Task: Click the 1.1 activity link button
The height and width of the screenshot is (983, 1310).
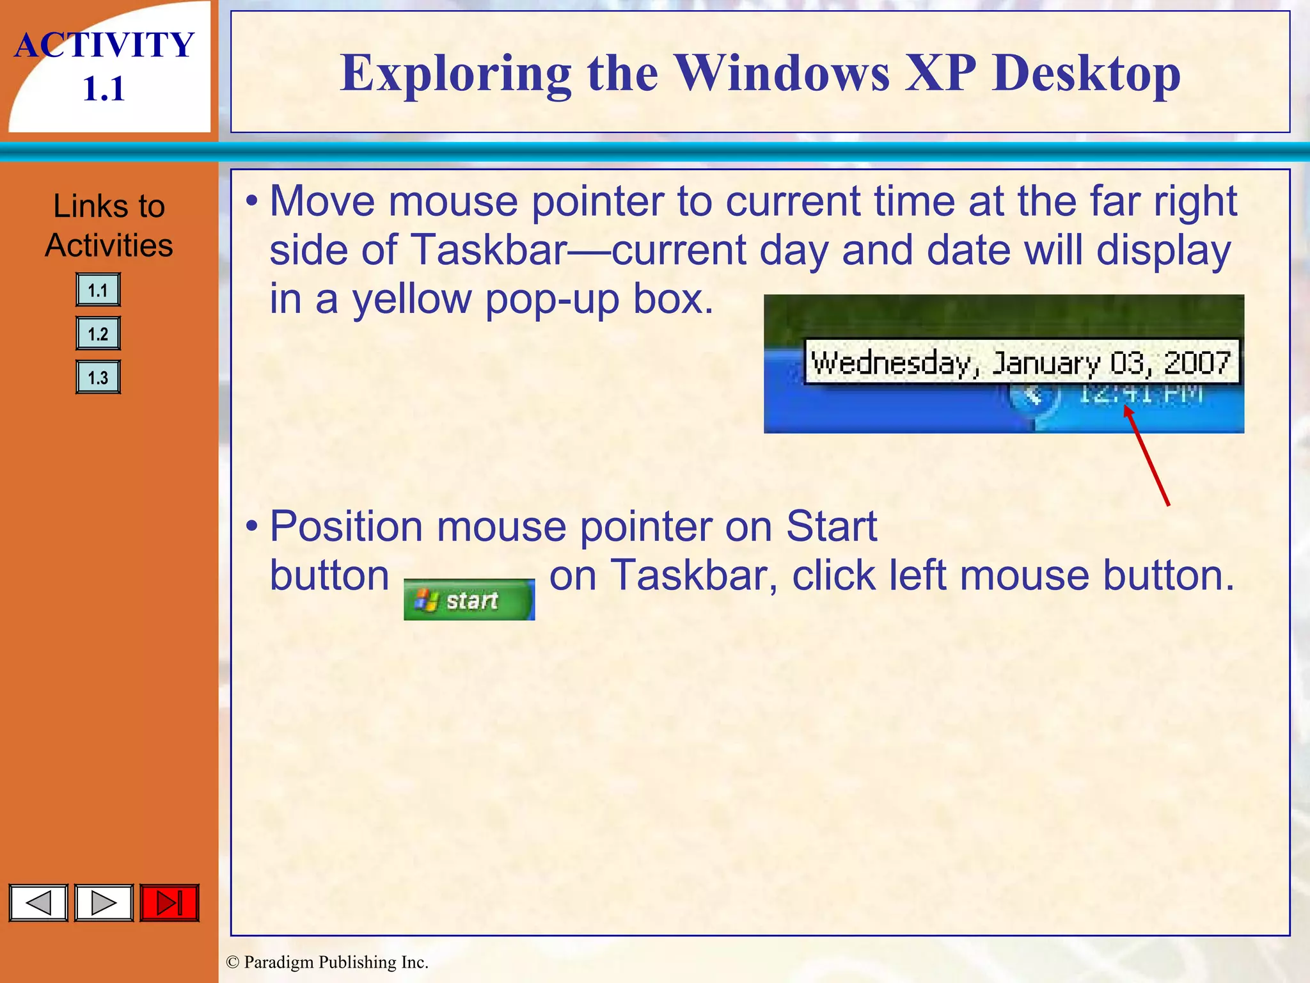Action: [98, 291]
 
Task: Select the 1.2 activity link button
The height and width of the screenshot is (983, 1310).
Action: [98, 333]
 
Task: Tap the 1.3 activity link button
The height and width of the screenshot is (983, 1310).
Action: [98, 377]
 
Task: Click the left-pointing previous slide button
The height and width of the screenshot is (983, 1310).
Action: [38, 903]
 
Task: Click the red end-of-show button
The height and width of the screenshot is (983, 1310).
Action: [170, 903]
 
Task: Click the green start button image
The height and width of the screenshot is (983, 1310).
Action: [469, 600]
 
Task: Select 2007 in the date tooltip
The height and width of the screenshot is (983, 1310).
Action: [1197, 363]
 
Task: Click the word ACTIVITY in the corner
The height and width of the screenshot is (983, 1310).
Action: [104, 45]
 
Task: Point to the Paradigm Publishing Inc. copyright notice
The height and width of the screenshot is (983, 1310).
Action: [327, 963]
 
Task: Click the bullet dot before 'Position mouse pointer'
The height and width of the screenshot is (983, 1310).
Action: [252, 527]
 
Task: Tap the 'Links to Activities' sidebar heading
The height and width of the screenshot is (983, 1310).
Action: [109, 225]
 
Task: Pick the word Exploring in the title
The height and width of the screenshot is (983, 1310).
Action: [455, 74]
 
